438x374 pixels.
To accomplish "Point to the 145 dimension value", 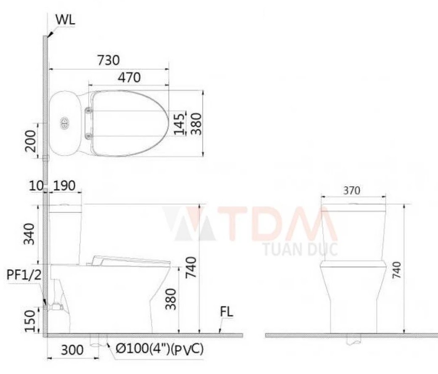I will [x=181, y=124].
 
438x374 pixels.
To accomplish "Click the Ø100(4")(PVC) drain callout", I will [x=159, y=349].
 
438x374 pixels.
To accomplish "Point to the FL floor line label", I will [x=226, y=313].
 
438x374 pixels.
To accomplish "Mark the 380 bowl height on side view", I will [x=171, y=299].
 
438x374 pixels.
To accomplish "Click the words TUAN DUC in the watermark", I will [x=300, y=249].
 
